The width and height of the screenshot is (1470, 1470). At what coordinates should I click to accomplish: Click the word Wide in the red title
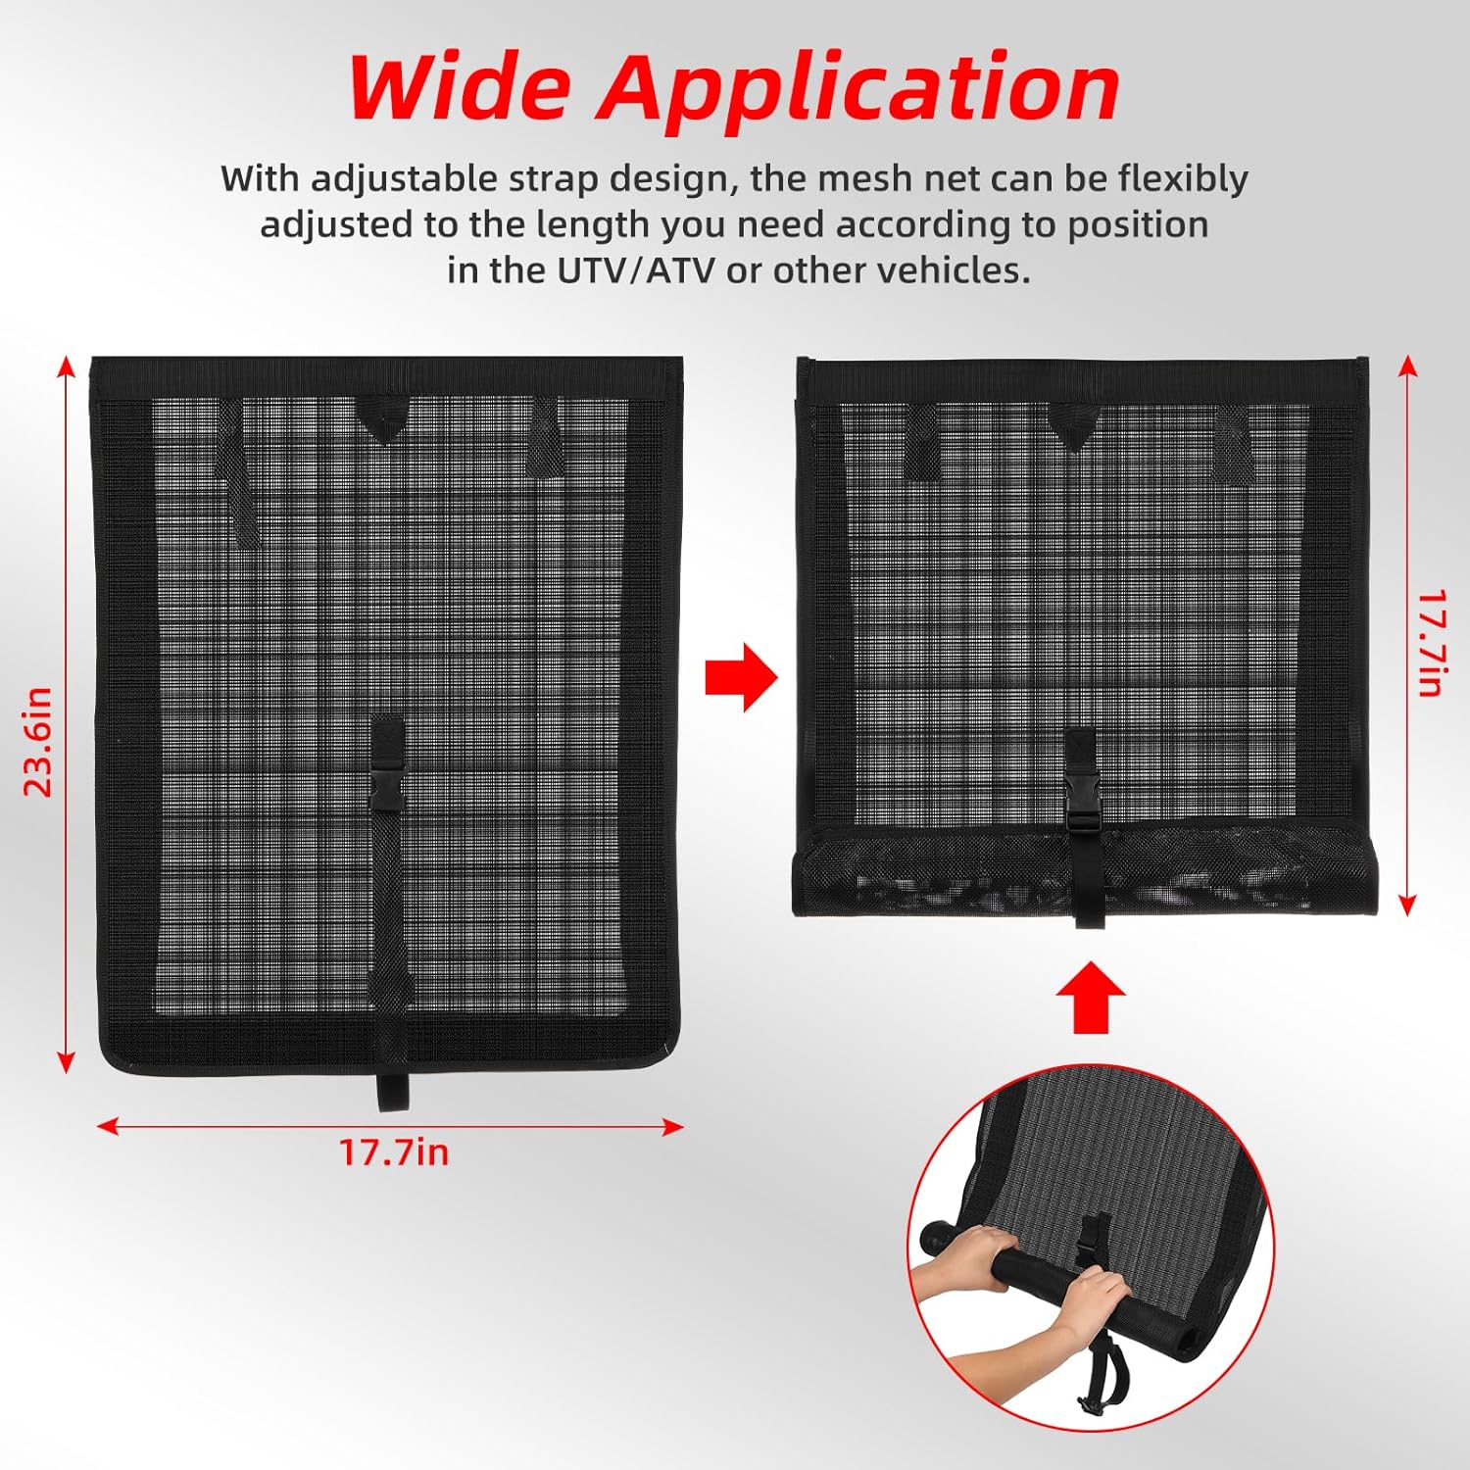point(460,88)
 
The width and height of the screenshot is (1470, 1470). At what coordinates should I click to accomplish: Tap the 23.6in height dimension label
point(37,742)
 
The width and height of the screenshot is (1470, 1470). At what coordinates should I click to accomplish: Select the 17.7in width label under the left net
point(394,1151)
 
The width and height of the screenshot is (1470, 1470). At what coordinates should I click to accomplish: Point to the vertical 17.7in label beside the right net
point(1432,643)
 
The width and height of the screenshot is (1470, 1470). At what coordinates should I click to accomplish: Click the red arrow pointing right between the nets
point(742,677)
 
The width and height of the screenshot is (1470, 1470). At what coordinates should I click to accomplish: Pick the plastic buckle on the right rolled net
point(1084,795)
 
